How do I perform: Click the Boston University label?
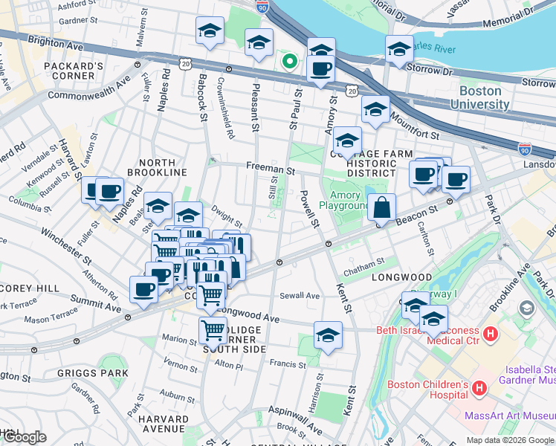tap(484, 97)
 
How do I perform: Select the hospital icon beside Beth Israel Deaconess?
tap(490, 334)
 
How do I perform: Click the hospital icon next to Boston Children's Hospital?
tap(479, 387)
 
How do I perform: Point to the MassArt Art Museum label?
tap(510, 416)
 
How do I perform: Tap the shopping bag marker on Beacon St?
tap(381, 207)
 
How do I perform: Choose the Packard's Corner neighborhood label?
tap(74, 71)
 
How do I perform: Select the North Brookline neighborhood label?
tap(157, 167)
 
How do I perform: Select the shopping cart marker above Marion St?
tap(213, 329)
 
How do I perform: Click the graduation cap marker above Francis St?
tap(328, 334)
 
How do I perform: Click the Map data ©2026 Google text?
tap(509, 440)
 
